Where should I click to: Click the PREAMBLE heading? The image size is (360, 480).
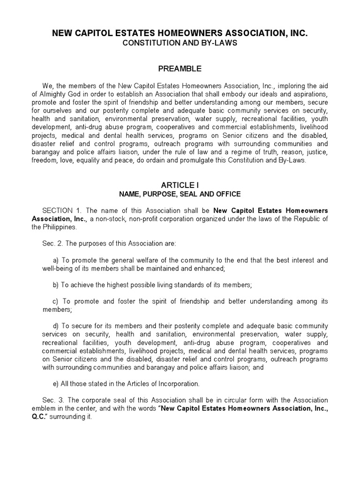180,68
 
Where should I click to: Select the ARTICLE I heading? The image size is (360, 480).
180,186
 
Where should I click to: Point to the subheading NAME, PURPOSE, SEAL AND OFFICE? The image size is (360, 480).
180,194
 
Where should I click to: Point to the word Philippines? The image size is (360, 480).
56,227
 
